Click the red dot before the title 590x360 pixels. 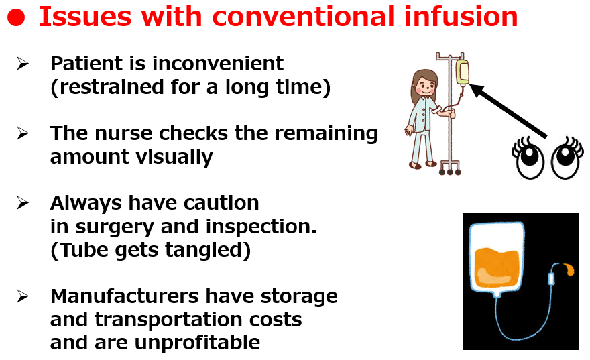(16, 17)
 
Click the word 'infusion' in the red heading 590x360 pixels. (461, 17)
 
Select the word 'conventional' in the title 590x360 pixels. (303, 17)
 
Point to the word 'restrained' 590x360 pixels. (111, 87)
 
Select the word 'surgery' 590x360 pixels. (115, 227)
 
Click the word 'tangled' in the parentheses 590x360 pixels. (204, 251)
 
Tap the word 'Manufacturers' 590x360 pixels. (124, 296)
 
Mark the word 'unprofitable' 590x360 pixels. (197, 343)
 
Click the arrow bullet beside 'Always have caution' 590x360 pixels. (23, 203)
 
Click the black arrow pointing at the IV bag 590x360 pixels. (508, 111)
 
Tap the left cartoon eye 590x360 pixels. (530, 158)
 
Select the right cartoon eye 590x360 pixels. (566, 158)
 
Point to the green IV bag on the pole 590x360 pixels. (463, 72)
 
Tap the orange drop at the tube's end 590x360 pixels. (569, 269)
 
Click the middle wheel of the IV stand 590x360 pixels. (450, 172)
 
